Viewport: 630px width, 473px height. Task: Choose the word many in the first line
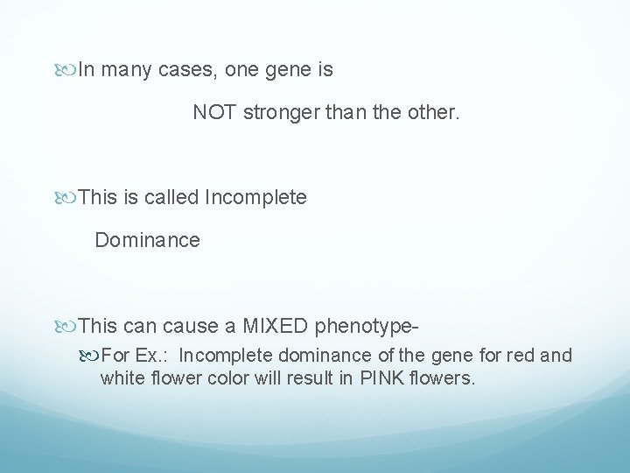(129, 70)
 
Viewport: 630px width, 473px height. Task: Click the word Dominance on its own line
(147, 239)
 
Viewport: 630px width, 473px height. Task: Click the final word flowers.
(441, 378)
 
